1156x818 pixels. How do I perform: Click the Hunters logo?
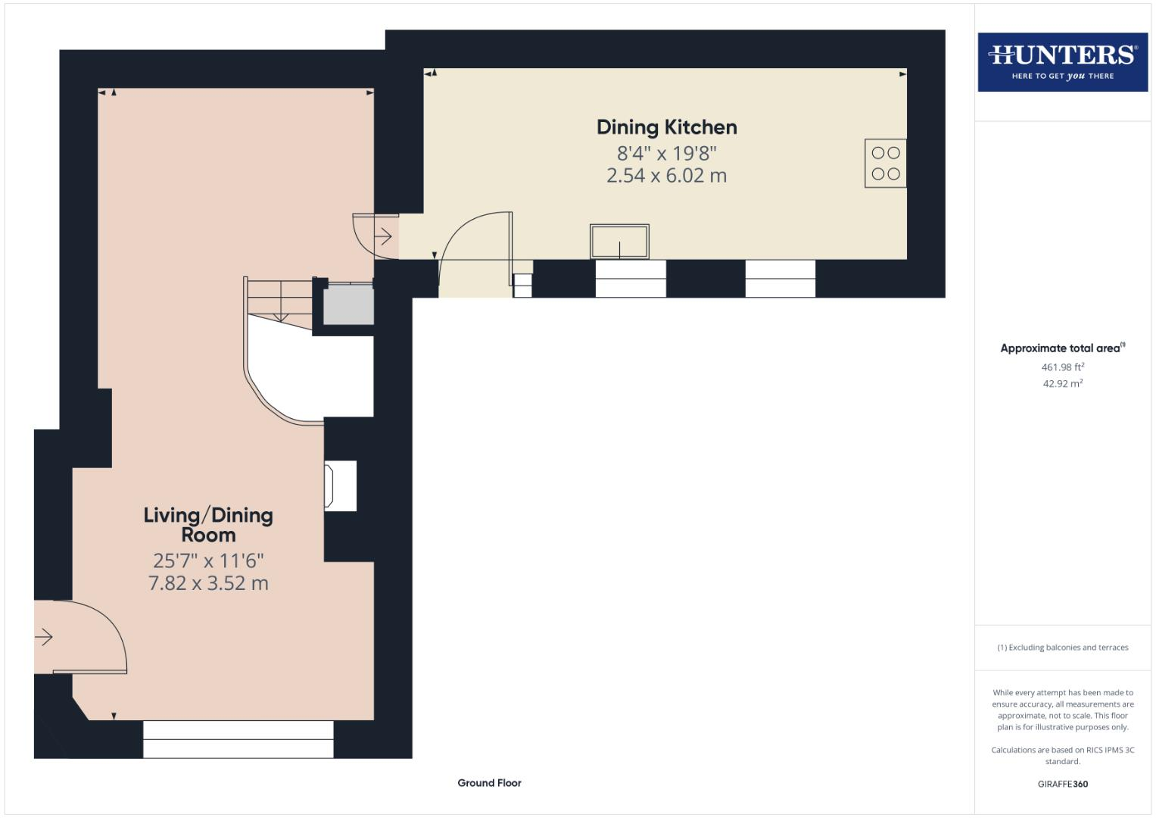tap(1062, 62)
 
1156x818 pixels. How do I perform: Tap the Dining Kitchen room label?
tap(666, 127)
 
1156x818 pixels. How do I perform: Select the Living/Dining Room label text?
tap(208, 524)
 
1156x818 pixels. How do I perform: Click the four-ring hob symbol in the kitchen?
tap(885, 163)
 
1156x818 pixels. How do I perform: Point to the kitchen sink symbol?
tap(619, 242)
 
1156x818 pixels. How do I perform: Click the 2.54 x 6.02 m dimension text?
tap(666, 176)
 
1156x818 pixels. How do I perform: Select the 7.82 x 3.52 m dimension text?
tap(208, 583)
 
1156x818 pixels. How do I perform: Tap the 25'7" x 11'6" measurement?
tap(208, 560)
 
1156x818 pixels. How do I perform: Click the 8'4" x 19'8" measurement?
tap(666, 153)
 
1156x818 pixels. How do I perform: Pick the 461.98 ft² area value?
tap(1062, 367)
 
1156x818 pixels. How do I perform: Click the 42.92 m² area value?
tap(1062, 384)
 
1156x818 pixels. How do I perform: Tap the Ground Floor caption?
tap(489, 783)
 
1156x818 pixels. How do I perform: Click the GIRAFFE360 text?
tap(1062, 784)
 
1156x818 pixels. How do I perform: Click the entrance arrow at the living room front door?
tap(44, 637)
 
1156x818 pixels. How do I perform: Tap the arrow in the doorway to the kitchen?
tap(384, 237)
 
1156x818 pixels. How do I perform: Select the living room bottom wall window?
tap(238, 738)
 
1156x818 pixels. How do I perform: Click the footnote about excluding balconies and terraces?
tap(1062, 648)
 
